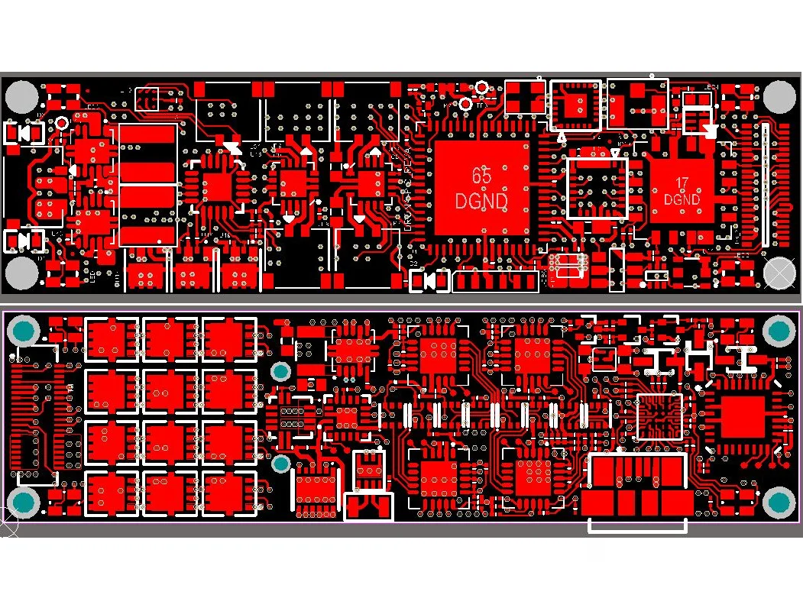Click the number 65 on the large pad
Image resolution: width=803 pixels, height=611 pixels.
pos(481,176)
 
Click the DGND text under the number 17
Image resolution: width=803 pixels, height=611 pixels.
pos(682,200)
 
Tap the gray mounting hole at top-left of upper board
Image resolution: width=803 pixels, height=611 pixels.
pos(21,97)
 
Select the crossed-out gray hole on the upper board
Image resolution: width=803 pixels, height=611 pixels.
pos(780,273)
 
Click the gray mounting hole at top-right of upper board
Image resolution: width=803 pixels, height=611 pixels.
pos(780,97)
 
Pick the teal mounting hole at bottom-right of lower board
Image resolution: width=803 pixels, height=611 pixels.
pos(779,502)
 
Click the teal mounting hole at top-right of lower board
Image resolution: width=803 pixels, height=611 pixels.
pos(779,330)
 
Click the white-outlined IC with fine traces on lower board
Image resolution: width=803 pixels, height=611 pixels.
pos(660,416)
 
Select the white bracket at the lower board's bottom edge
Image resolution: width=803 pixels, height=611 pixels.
pos(638,525)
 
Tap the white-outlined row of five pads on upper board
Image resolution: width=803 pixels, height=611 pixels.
pos(496,281)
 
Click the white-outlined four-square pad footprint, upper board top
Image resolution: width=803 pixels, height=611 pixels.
pos(525,97)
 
